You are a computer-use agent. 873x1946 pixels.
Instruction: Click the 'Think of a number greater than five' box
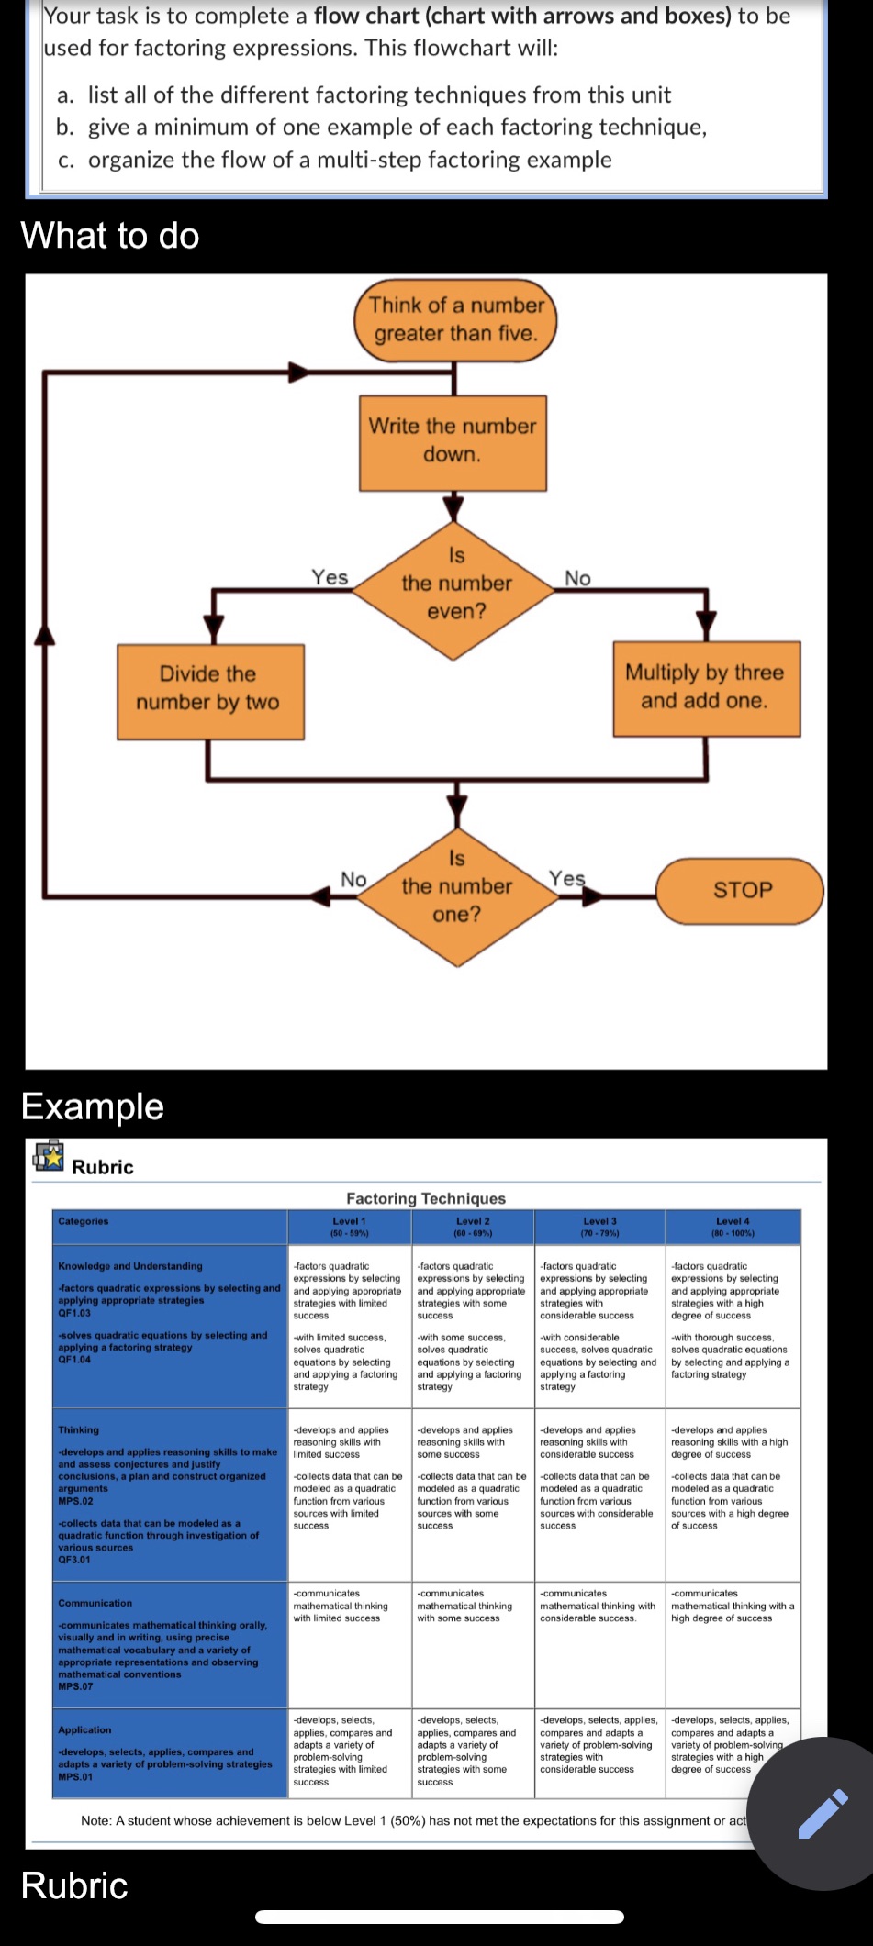coord(455,320)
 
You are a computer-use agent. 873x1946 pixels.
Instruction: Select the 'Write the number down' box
coord(453,441)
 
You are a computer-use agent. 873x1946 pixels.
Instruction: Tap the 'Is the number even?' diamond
coord(455,584)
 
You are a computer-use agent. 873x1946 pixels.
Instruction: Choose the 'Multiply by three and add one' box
coord(705,687)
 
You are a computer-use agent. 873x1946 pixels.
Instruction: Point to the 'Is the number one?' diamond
coord(456,886)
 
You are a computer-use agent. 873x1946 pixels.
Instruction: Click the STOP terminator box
coord(742,890)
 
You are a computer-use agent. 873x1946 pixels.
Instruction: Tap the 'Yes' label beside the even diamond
coord(330,577)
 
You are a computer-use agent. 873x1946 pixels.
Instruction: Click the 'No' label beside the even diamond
coord(577,578)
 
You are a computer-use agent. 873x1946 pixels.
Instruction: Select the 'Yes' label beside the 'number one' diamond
coord(566,879)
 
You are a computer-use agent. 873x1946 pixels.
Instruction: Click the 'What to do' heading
coord(110,236)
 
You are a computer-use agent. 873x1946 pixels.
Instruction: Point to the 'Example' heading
coord(93,1106)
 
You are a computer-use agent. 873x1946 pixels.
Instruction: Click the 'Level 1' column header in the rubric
coord(349,1226)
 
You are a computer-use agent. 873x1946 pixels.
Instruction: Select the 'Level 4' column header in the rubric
coord(733,1226)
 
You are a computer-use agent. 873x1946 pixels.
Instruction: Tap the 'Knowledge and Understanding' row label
coord(130,1266)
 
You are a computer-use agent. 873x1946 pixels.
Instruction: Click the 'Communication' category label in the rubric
coord(95,1603)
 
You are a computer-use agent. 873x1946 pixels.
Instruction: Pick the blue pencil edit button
coord(821,1813)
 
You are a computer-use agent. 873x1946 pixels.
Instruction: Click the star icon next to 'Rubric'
coord(49,1156)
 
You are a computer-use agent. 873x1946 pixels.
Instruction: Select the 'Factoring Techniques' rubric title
coord(426,1198)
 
